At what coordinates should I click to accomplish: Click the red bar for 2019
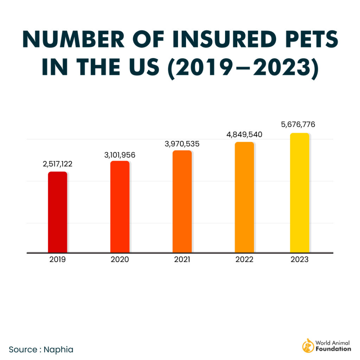click(x=57, y=212)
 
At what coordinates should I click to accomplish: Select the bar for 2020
click(x=120, y=207)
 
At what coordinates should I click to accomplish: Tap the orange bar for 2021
click(x=182, y=201)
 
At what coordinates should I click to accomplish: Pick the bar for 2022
click(x=244, y=197)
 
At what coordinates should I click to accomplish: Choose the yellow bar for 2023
click(x=300, y=193)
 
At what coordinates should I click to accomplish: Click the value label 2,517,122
click(x=57, y=164)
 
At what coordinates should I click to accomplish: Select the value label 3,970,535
click(x=182, y=143)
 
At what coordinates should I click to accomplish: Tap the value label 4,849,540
click(x=244, y=135)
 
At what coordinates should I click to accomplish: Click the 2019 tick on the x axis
click(x=57, y=260)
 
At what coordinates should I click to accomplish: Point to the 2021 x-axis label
click(x=182, y=260)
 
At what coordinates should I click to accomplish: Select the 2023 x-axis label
click(x=300, y=260)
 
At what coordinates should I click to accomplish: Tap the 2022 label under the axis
click(x=244, y=260)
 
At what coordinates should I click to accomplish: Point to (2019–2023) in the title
click(x=242, y=67)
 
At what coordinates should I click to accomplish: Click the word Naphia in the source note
click(x=59, y=349)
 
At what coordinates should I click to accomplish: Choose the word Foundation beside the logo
click(x=333, y=349)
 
